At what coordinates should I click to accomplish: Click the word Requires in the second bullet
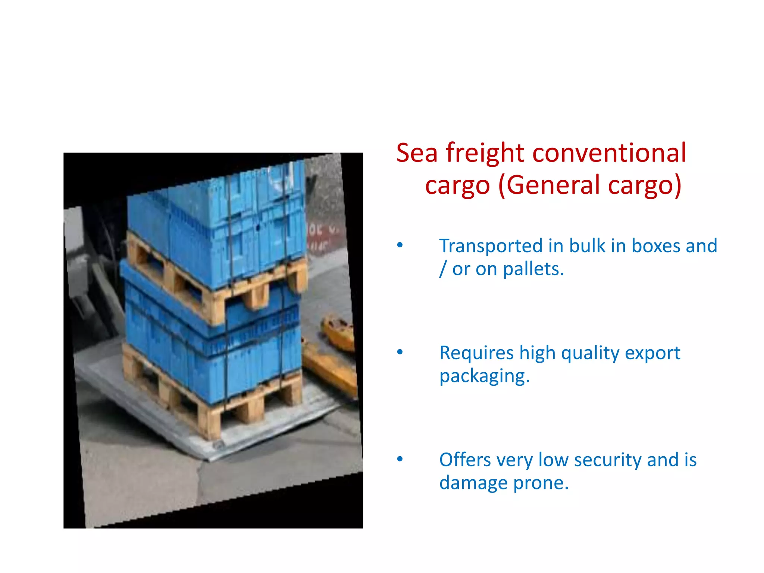(x=476, y=353)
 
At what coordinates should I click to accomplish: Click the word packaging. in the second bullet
(x=484, y=376)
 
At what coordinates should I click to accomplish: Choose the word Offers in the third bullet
(x=465, y=460)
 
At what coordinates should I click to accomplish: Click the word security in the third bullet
(x=608, y=460)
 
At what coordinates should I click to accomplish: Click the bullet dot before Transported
(x=400, y=245)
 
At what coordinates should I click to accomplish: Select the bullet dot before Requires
(x=400, y=352)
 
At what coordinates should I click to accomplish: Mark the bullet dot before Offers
(x=400, y=459)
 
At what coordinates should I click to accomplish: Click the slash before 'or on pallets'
(x=443, y=269)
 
